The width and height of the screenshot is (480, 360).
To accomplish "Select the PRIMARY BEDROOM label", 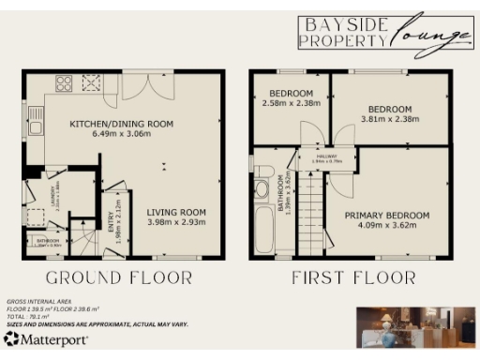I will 386,215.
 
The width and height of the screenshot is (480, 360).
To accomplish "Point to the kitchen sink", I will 36,120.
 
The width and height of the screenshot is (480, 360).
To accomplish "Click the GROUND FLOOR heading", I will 119,277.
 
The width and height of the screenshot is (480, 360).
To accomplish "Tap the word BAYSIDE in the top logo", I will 341,24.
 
